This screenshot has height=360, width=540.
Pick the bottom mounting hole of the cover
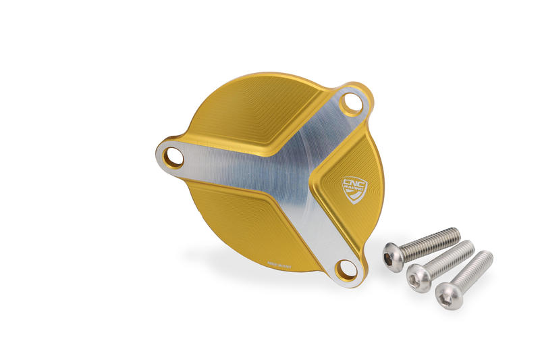point(346,269)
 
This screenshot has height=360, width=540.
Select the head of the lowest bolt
point(443,295)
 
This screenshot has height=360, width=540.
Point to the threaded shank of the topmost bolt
point(432,242)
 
